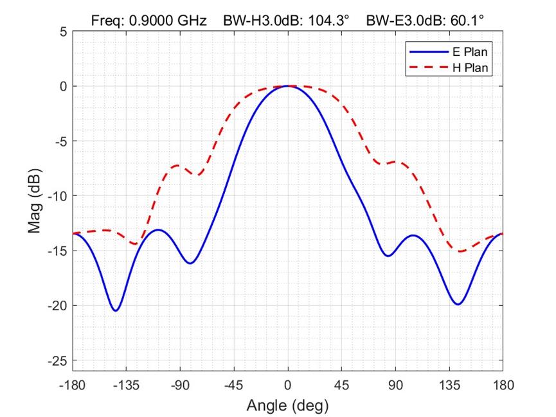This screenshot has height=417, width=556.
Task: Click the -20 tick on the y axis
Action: [57, 306]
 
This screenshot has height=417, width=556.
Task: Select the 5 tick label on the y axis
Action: [63, 31]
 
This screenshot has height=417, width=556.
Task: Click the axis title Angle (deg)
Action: [287, 405]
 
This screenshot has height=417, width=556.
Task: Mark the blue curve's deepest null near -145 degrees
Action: [115, 310]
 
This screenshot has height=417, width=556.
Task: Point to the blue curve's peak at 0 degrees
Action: [287, 86]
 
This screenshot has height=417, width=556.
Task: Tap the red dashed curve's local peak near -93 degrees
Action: [177, 165]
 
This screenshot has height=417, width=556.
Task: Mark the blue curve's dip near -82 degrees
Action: [190, 263]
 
